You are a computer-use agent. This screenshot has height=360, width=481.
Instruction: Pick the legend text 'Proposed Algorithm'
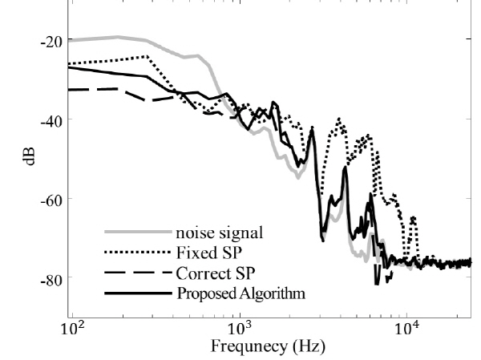click(240, 293)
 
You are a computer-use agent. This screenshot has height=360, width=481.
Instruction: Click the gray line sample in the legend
click(137, 233)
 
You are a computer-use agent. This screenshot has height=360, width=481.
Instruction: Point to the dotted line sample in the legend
click(137, 253)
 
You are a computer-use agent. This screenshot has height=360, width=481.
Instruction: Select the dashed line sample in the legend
click(137, 273)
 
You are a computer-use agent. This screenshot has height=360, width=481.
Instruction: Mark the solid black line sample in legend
click(137, 293)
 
